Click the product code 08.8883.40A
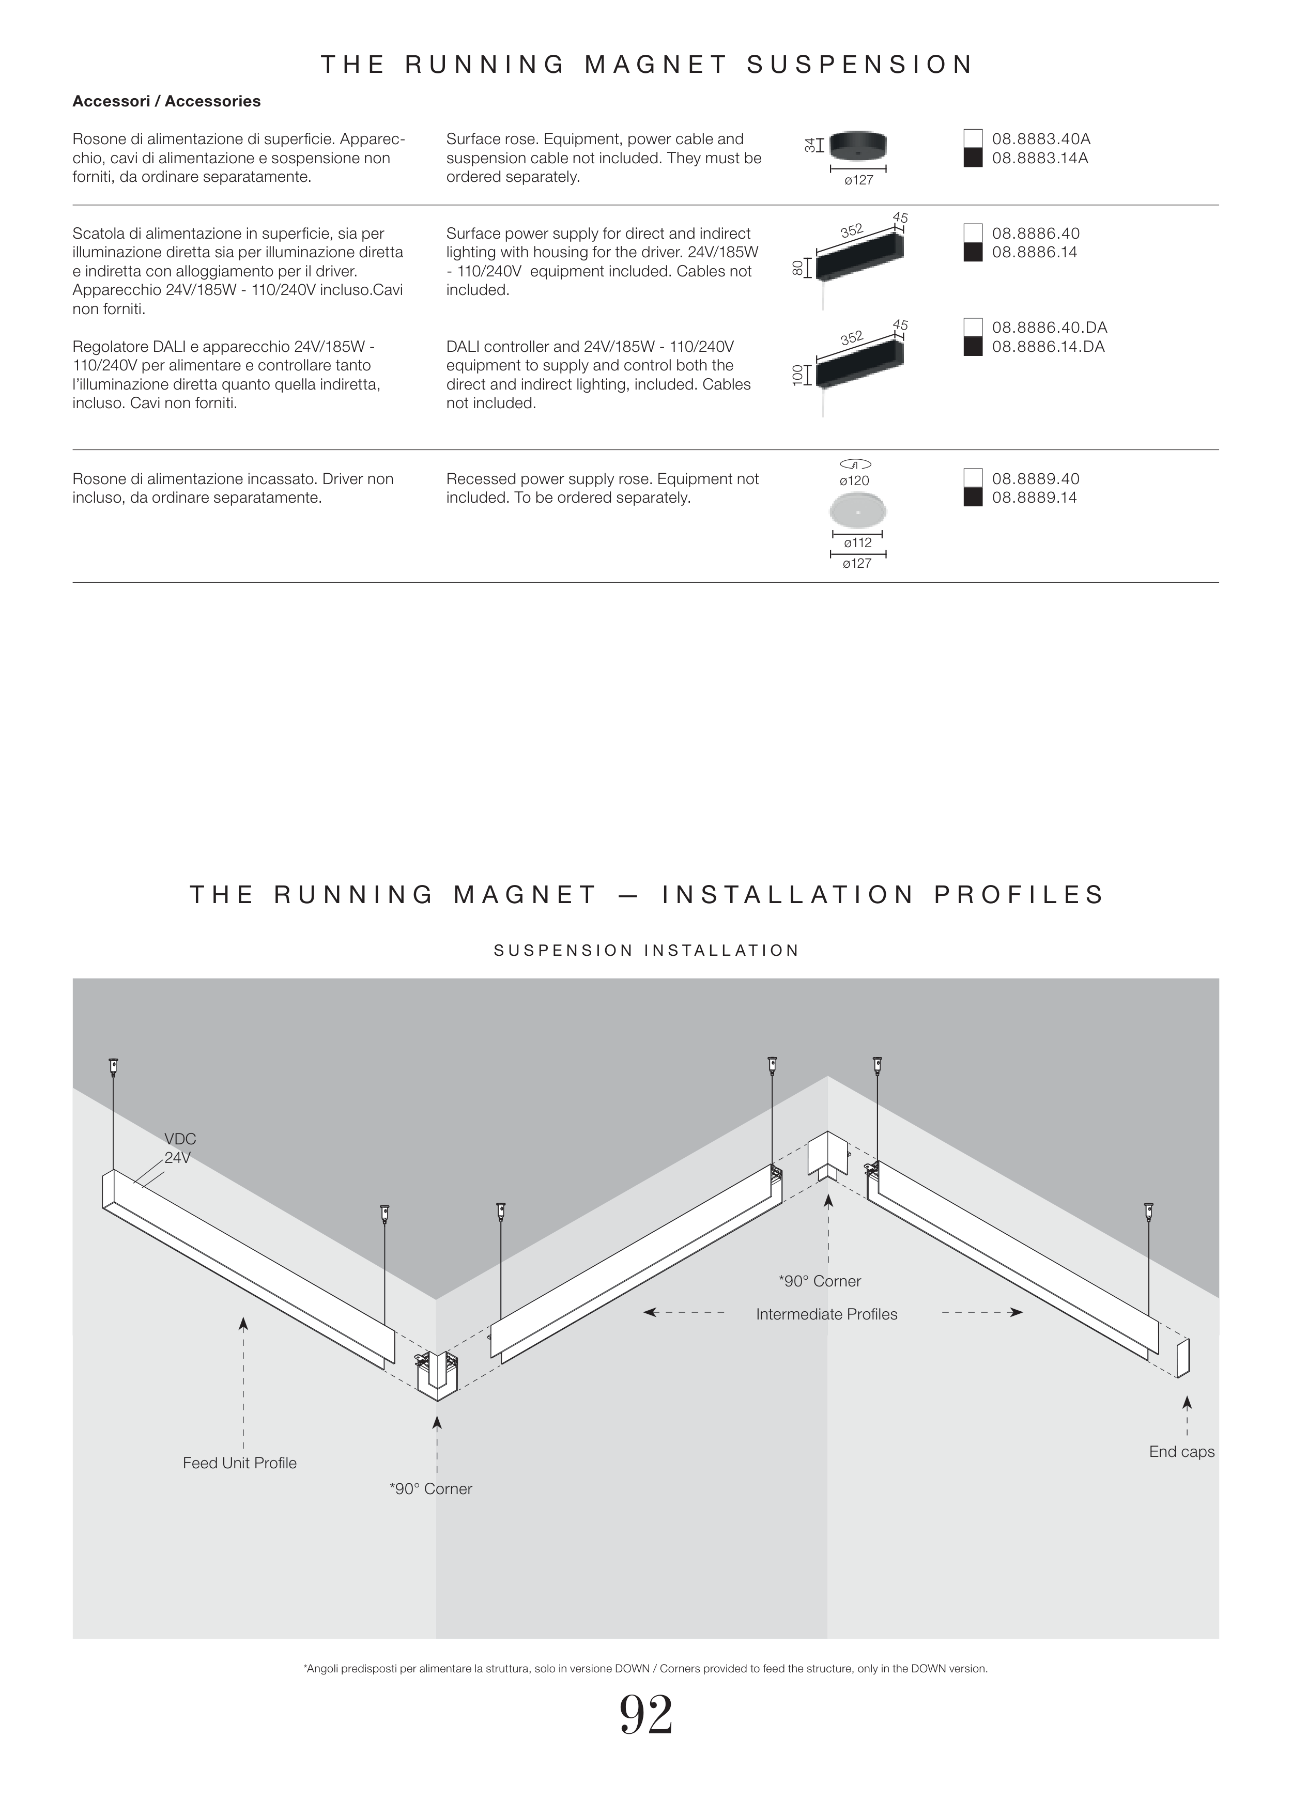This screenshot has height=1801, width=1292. (1040, 139)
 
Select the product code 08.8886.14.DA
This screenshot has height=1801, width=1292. (1048, 347)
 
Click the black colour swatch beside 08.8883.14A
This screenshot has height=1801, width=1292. (973, 158)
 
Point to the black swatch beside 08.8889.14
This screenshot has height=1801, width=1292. (973, 498)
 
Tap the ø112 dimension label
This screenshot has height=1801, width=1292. (857, 543)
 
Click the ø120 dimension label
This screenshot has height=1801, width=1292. (854, 480)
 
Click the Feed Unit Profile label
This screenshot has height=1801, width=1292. (239, 1463)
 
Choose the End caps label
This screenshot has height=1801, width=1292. (1181, 1452)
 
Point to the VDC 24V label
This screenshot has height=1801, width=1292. (179, 1148)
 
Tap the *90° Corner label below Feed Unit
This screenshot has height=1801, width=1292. (430, 1489)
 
